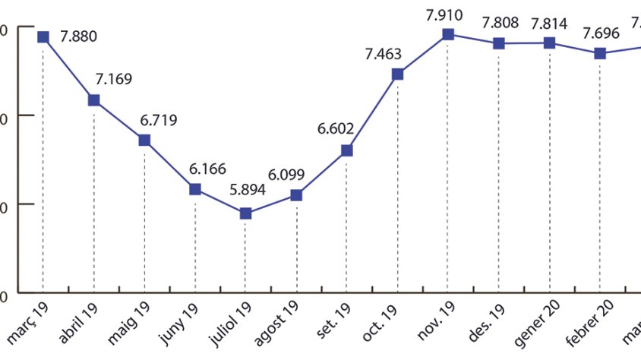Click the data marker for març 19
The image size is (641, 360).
tap(43, 36)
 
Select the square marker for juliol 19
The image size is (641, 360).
tap(245, 213)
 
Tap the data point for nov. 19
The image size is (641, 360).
tap(448, 34)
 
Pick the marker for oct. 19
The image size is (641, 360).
tap(397, 74)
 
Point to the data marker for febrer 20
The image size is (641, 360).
tap(600, 53)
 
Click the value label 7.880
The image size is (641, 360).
tap(79, 36)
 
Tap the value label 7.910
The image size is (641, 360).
tap(444, 14)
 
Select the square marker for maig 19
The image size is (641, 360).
tap(144, 140)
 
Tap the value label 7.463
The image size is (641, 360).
tap(384, 54)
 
